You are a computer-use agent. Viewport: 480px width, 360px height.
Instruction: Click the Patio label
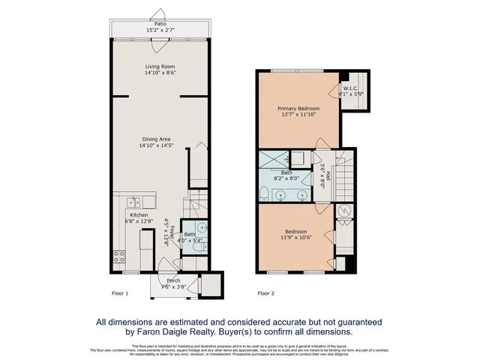click(160, 24)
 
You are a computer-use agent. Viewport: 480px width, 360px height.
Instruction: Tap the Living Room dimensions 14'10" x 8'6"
click(160, 73)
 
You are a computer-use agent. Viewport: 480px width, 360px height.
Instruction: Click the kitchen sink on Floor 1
click(134, 201)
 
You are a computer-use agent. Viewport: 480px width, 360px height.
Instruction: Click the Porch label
click(173, 280)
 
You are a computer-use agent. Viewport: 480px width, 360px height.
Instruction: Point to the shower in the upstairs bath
click(275, 158)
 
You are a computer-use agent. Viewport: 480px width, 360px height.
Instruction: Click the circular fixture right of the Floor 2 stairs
click(345, 211)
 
